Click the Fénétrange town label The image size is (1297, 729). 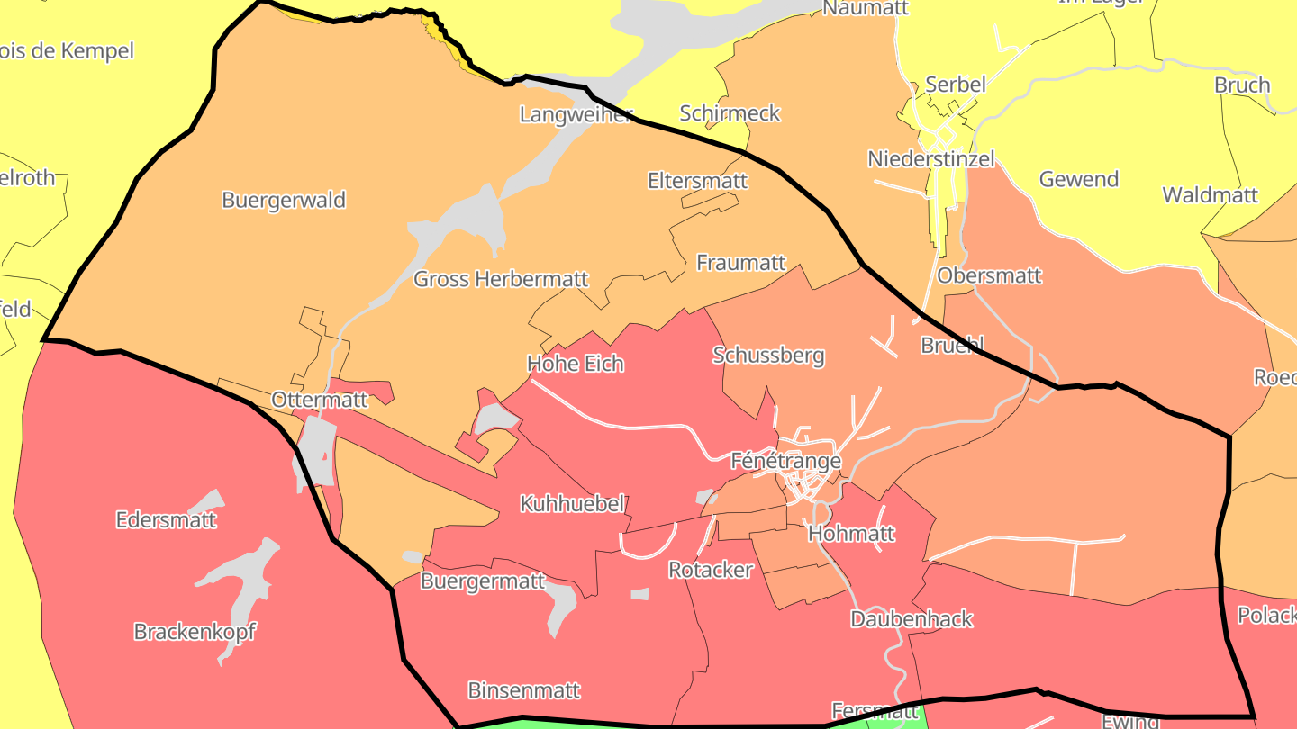tap(785, 461)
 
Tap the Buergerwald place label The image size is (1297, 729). tap(284, 200)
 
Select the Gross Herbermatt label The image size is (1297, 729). tap(501, 279)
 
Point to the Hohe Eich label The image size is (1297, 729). tap(575, 364)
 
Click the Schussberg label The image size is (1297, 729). tap(768, 355)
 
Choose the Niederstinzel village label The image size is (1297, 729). tap(931, 159)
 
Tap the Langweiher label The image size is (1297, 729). tap(576, 114)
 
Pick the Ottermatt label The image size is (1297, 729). tap(320, 399)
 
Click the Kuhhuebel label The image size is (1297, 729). tap(572, 504)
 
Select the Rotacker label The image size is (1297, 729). tap(710, 570)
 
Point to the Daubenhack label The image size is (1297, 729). tap(912, 619)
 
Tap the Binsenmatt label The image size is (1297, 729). tap(523, 690)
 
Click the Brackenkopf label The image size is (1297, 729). tap(195, 632)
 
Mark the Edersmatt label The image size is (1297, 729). tap(167, 519)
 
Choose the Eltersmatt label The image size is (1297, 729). tap(697, 181)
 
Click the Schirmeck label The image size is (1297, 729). tap(730, 113)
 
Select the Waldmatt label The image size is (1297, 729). tap(1210, 195)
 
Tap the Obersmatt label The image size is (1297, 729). tap(989, 275)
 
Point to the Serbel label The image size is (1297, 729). tap(956, 85)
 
